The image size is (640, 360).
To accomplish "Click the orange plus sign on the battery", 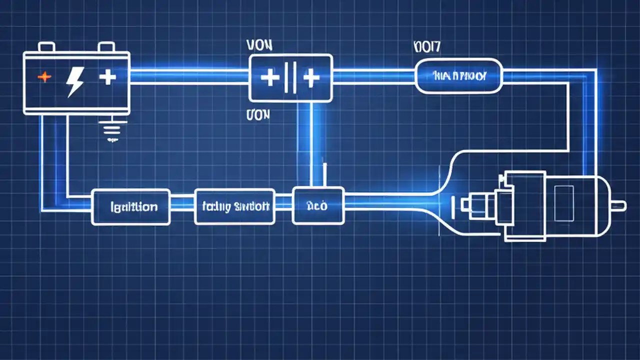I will point(45,77).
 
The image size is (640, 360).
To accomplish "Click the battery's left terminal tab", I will point(46,47).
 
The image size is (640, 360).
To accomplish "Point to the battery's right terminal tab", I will point(106,47).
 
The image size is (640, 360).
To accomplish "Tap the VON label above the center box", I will point(259,45).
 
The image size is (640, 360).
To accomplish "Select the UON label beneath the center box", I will point(258,115).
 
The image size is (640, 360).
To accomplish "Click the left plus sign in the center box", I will point(269,78).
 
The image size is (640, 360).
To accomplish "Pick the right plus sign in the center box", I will point(310,78).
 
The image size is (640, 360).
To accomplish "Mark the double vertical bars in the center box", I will point(290,78).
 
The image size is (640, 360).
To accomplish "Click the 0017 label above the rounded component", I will point(427,46).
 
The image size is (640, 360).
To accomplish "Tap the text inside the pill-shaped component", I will point(459,76).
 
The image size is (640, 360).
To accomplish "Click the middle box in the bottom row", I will point(234,206).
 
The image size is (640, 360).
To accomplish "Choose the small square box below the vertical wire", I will point(317,205).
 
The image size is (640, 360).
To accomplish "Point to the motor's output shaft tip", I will point(621,204).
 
